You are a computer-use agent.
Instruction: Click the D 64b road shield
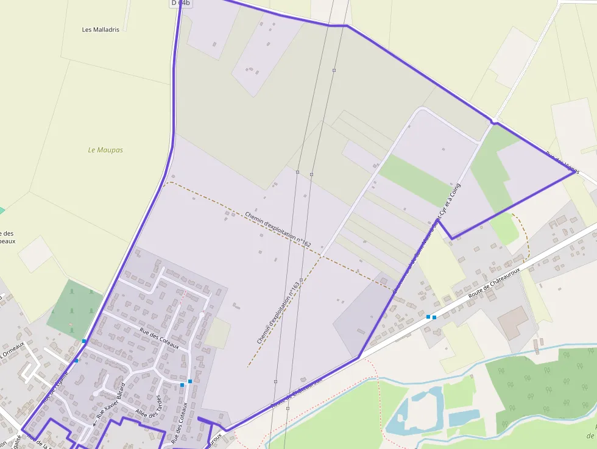point(180,3)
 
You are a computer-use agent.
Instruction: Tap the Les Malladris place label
point(101,29)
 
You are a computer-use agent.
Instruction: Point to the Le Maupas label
point(105,150)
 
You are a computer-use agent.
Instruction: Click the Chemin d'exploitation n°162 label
point(278,230)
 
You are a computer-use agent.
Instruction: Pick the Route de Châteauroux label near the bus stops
point(494,283)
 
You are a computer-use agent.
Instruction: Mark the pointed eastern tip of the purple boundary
point(574,172)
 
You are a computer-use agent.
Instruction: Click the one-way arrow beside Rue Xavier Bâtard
point(94,423)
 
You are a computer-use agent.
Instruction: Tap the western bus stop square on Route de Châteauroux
point(428,317)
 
